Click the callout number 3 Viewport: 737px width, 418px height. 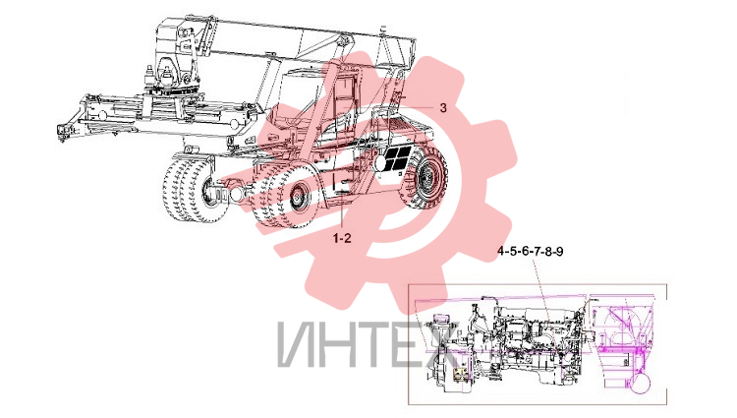pyautogui.click(x=443, y=107)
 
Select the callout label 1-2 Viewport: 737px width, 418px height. pyautogui.click(x=342, y=239)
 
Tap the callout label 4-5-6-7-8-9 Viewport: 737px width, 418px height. pyautogui.click(x=531, y=252)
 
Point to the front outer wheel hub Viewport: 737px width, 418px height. pyautogui.click(x=298, y=196)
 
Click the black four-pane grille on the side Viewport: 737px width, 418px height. pyautogui.click(x=398, y=158)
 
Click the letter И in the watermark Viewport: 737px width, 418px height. pyautogui.click(x=300, y=344)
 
